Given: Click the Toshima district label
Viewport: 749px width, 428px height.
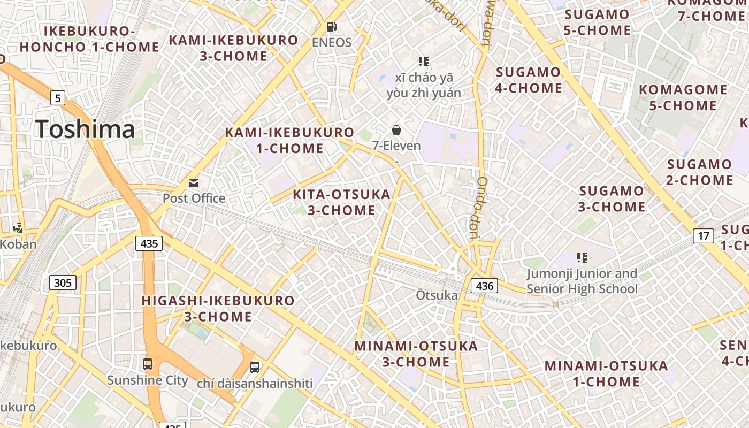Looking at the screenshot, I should pos(85,129).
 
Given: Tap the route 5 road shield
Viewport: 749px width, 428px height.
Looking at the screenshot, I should pos(58,98).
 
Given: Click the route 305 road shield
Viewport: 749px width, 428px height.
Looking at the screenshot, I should pos(63,282).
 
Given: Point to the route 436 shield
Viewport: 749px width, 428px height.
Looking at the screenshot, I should pos(484,286).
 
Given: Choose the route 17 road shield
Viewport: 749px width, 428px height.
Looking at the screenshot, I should pos(704,235).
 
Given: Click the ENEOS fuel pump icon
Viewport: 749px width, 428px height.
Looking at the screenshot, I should pos(332,26).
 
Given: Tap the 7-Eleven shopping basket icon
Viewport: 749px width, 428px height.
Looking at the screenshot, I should pos(396,129).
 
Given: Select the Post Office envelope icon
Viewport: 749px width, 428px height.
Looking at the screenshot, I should pos(194,183).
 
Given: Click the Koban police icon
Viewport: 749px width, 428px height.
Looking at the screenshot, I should pos(18,228).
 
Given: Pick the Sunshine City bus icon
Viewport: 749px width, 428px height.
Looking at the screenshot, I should pos(148,364).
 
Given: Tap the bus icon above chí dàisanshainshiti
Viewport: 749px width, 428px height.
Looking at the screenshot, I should pos(255,368).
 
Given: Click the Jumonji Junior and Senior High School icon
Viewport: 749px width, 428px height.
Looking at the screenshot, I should pos(582,258).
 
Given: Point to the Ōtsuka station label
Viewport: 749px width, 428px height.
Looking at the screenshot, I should pos(437,295).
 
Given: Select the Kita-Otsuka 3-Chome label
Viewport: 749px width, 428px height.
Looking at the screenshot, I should pos(341,202).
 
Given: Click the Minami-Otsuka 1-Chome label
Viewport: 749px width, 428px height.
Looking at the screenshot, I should pos(606,373).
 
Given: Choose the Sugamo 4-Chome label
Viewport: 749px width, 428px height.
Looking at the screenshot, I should pos(528,80).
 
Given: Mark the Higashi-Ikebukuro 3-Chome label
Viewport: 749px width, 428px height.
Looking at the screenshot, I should pos(218,308).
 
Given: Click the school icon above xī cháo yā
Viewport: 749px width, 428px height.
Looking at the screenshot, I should pos(424,62).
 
